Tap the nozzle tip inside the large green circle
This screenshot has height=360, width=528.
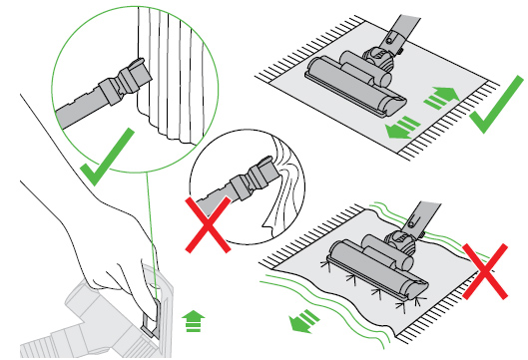click(129, 74)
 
